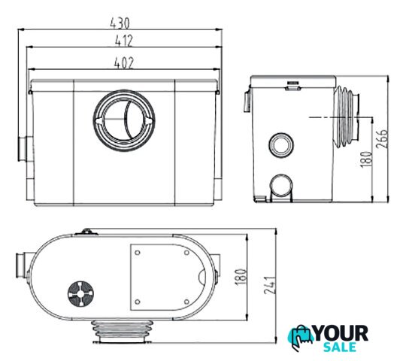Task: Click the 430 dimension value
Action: pos(120,23)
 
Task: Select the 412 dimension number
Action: pos(124,41)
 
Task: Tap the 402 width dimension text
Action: pos(124,63)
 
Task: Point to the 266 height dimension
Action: pos(382,138)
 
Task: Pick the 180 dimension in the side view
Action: pos(367,159)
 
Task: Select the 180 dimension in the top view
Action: pos(241,277)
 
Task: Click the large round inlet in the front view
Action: pos(124,120)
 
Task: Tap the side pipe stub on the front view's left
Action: pos(26,149)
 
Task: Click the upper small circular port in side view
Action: pos(281,145)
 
